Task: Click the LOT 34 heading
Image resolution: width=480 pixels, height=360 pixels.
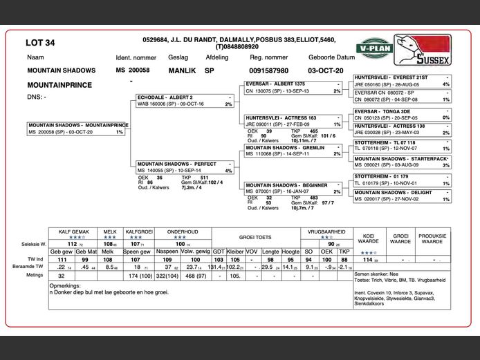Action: pyautogui.click(x=40, y=43)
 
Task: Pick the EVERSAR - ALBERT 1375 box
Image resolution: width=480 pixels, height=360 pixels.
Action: pyautogui.click(x=293, y=87)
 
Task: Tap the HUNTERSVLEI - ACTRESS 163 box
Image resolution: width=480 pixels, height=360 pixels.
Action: pyautogui.click(x=293, y=121)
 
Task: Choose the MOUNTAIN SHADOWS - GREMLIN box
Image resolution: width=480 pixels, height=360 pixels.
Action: pyautogui.click(x=293, y=151)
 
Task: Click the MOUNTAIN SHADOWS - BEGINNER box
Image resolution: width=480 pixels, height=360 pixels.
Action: pyautogui.click(x=293, y=188)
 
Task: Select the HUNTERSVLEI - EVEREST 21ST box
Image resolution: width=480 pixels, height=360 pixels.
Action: pyautogui.click(x=402, y=80)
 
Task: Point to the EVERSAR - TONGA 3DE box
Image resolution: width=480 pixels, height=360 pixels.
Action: pyautogui.click(x=402, y=114)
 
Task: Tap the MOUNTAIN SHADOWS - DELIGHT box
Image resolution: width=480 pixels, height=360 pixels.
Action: pyautogui.click(x=402, y=196)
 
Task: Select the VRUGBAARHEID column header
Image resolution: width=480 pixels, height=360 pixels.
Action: pyautogui.click(x=326, y=232)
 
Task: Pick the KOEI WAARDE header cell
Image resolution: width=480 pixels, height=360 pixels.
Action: pyautogui.click(x=367, y=238)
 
